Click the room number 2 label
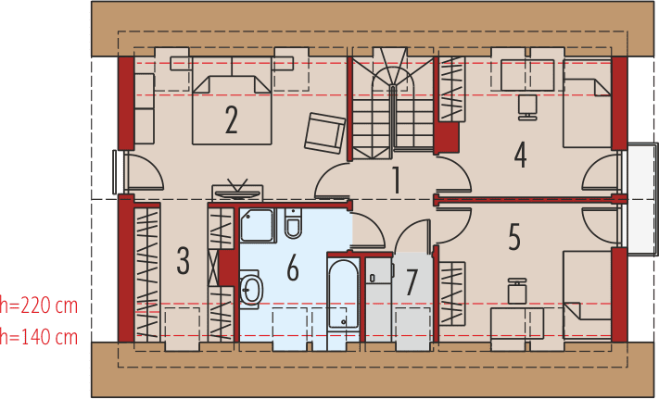(x=231, y=119)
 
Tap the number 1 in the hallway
(x=396, y=180)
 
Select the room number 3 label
(x=183, y=260)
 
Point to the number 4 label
(x=520, y=155)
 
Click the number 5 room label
(x=514, y=237)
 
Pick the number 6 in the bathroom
(x=293, y=267)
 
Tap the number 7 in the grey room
(x=411, y=281)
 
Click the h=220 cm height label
(x=39, y=305)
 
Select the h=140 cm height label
(x=39, y=336)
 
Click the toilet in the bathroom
(x=293, y=223)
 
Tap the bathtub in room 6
(x=343, y=293)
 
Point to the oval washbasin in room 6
(x=251, y=290)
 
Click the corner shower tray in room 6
(x=258, y=225)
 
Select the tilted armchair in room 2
(x=325, y=133)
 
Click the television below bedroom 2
(x=237, y=193)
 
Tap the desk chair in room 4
(x=527, y=107)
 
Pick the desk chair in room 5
(x=517, y=291)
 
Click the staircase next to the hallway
(x=393, y=104)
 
